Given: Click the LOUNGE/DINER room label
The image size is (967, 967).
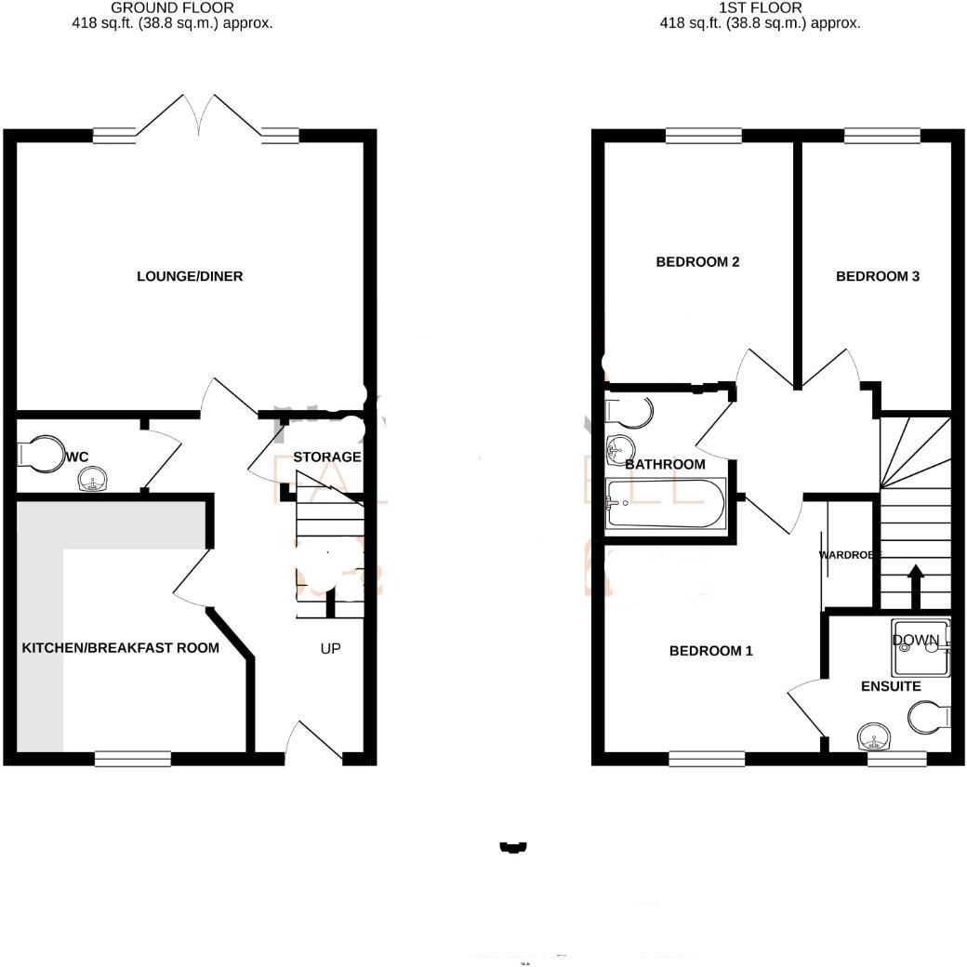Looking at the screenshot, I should point(190,276).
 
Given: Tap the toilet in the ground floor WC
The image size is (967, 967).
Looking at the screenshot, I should point(37,454).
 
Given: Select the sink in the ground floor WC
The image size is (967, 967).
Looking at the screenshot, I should point(92,481).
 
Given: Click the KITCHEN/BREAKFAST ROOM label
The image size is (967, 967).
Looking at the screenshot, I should point(121,647).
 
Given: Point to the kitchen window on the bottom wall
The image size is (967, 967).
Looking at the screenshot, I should point(132,759).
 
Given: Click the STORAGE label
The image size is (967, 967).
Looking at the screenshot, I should point(327,457).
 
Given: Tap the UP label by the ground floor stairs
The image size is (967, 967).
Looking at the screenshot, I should point(330,648).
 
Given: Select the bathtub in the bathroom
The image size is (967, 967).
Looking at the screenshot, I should point(664,504).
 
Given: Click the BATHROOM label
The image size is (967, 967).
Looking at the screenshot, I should point(665,464).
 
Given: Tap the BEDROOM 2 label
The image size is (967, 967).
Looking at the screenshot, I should point(697,262).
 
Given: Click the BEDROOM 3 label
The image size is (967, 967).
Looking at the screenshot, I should point(878,276).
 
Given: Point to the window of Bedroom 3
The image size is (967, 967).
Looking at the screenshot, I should point(882,136).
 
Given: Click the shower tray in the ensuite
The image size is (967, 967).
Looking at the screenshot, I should point(920,647).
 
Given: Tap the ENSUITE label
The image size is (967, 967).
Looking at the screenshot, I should point(891,686).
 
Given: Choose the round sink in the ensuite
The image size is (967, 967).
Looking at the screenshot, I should point(873,738).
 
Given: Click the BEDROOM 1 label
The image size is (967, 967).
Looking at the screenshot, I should point(711,651).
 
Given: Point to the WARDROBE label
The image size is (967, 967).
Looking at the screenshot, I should point(848,555).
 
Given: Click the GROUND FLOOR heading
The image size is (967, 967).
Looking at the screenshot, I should point(172,7).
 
